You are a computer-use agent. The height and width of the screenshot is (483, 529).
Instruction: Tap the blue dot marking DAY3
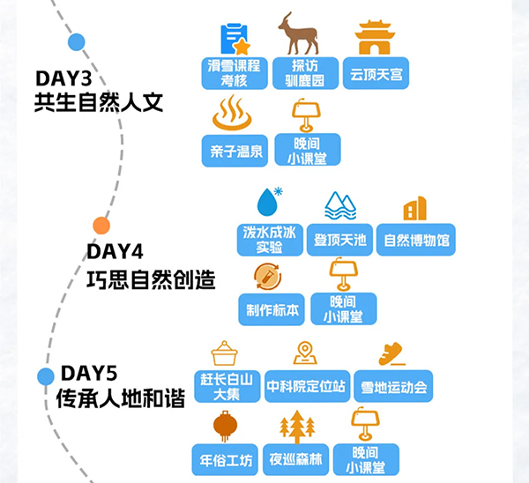click(77, 41)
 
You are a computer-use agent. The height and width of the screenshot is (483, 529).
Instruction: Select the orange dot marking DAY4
click(101, 226)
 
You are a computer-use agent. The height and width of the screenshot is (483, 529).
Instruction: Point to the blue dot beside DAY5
click(46, 376)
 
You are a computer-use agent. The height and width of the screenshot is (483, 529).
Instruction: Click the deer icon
click(298, 35)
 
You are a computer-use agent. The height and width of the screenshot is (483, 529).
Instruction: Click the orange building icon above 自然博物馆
click(414, 209)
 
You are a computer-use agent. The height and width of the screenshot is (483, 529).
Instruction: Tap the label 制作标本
click(269, 309)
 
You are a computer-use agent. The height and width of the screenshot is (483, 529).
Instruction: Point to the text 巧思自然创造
click(151, 280)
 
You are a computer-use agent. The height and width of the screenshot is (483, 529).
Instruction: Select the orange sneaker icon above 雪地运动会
click(391, 353)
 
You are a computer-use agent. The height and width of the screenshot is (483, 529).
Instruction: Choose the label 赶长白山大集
click(226, 386)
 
